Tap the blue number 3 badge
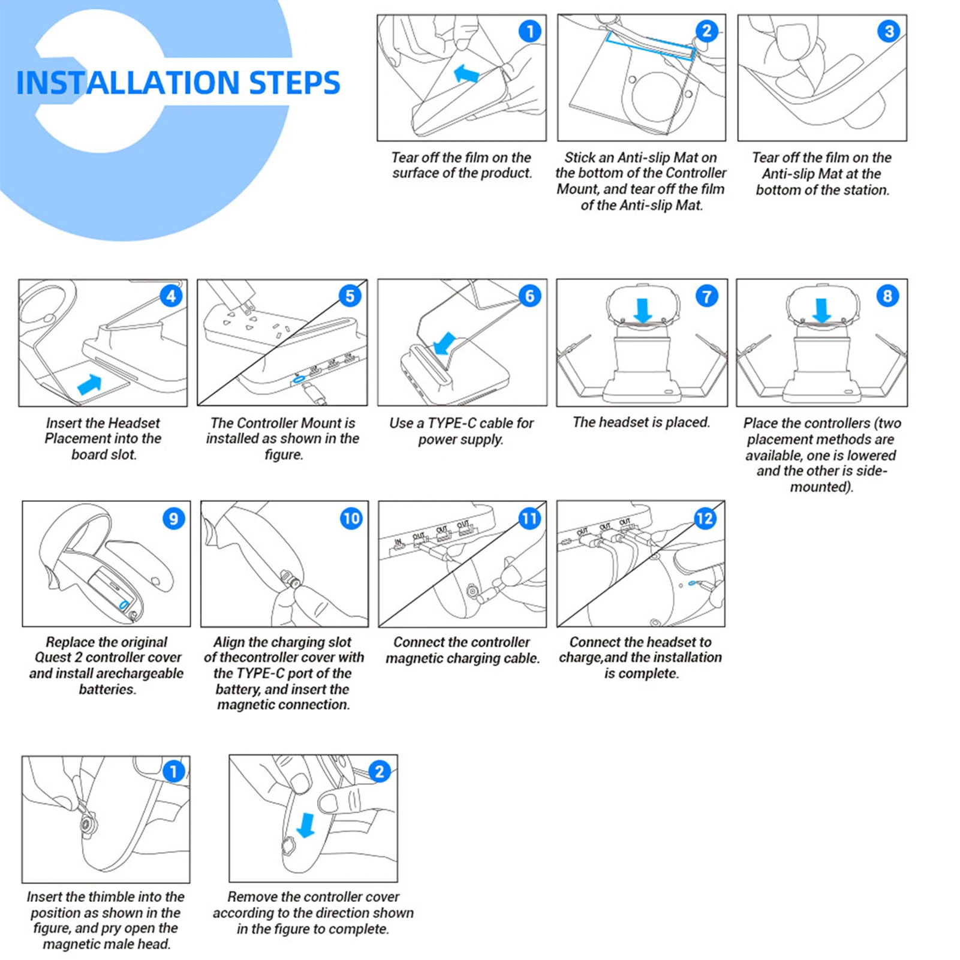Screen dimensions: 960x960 (x=888, y=31)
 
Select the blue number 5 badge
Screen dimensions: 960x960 (x=350, y=296)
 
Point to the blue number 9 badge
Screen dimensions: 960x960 (x=173, y=519)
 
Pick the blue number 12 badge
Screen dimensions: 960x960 (x=705, y=519)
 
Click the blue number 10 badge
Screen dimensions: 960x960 (x=351, y=519)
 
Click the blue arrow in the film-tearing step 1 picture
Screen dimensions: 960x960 (x=467, y=74)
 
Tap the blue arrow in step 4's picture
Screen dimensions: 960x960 (x=89, y=384)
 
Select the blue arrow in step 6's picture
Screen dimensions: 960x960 (x=444, y=344)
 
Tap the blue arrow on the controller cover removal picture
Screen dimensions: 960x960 (x=306, y=824)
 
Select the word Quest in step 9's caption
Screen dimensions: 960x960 (x=53, y=657)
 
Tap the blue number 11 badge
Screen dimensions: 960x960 (x=529, y=519)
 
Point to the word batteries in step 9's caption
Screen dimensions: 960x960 (x=108, y=689)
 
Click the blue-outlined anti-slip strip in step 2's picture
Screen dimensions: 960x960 (x=650, y=45)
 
